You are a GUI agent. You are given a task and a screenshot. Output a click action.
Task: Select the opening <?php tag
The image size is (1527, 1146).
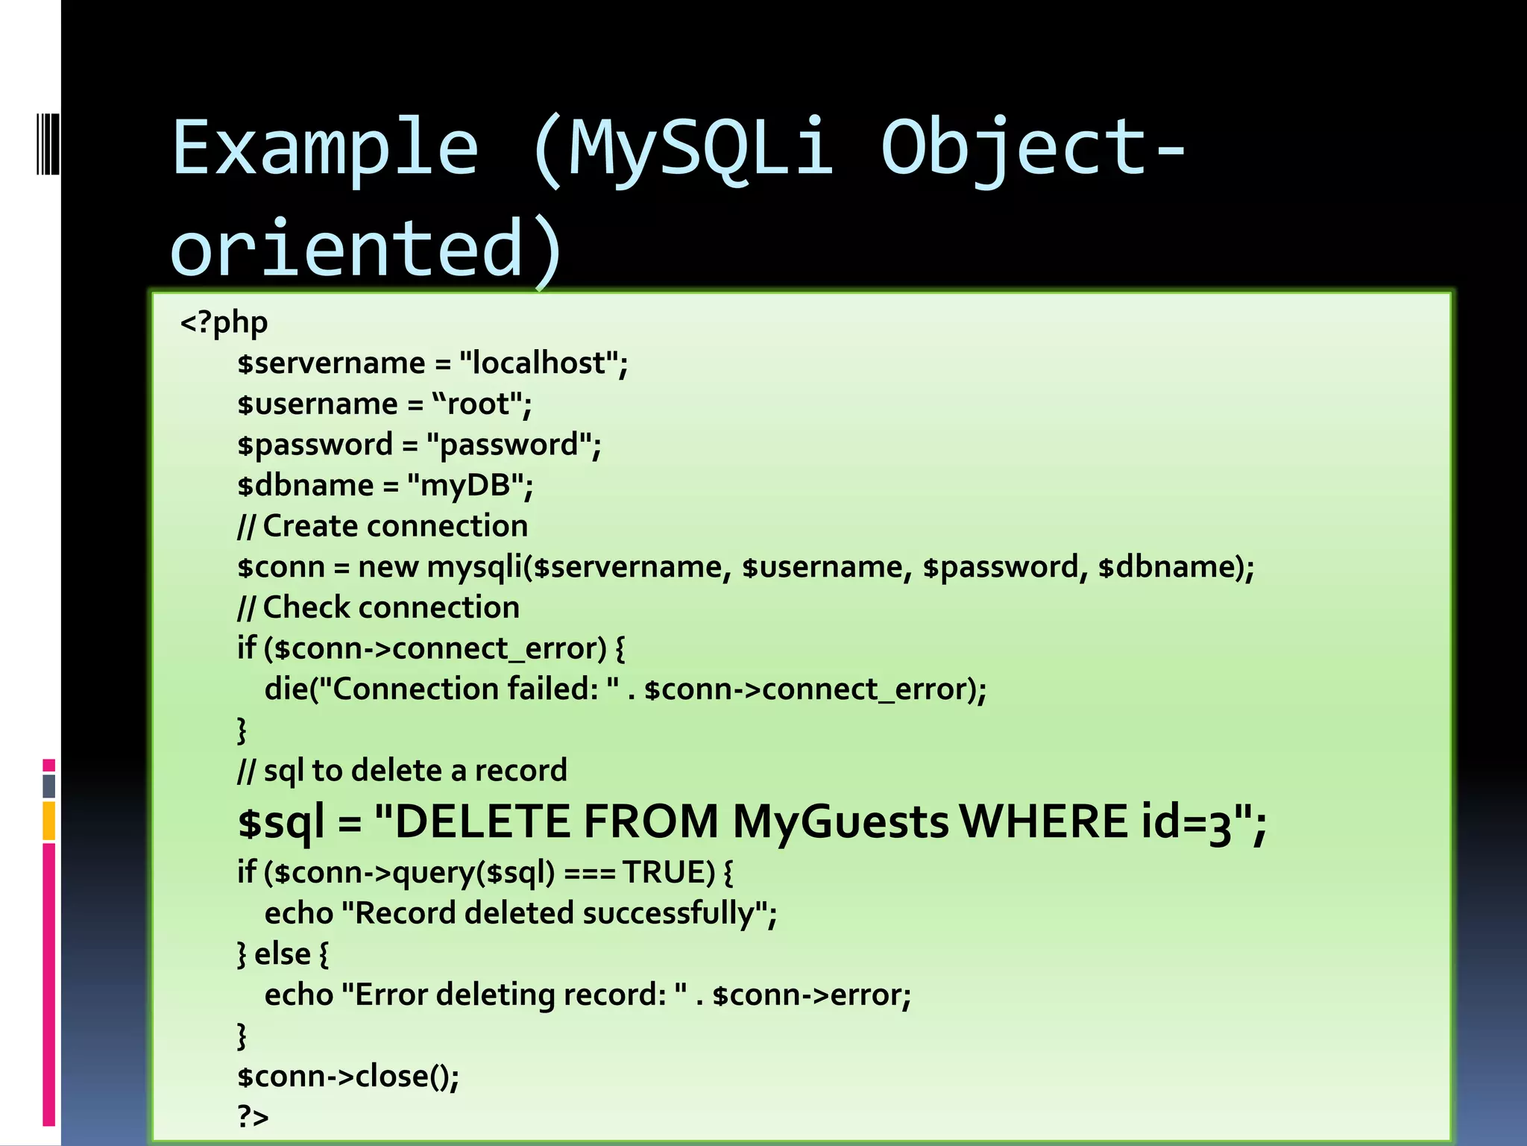pyautogui.click(x=224, y=322)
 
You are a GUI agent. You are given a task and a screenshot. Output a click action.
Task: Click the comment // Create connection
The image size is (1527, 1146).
pyautogui.click(x=382, y=527)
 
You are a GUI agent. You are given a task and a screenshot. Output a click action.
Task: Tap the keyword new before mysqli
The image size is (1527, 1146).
pyautogui.click(x=387, y=567)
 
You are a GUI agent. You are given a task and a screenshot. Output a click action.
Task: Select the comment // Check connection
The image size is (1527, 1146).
pyautogui.click(x=379, y=608)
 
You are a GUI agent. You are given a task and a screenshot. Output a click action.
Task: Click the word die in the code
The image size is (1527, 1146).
pyautogui.click(x=286, y=689)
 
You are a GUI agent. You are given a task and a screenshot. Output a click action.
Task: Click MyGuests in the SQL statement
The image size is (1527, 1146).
pyautogui.click(x=840, y=822)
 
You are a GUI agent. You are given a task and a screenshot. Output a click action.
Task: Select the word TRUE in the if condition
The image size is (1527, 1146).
pyautogui.click(x=668, y=872)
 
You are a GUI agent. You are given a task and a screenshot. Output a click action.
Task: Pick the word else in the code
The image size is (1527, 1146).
pyautogui.click(x=282, y=954)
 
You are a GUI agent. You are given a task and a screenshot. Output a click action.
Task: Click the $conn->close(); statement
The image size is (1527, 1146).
pyautogui.click(x=348, y=1077)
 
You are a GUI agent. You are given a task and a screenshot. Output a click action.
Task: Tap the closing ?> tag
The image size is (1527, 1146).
pyautogui.click(x=253, y=1117)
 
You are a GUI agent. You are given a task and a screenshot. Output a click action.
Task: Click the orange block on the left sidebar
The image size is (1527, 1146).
pyautogui.click(x=49, y=821)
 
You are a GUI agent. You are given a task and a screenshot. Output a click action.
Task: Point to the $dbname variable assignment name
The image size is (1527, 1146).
pyautogui.click(x=306, y=486)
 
